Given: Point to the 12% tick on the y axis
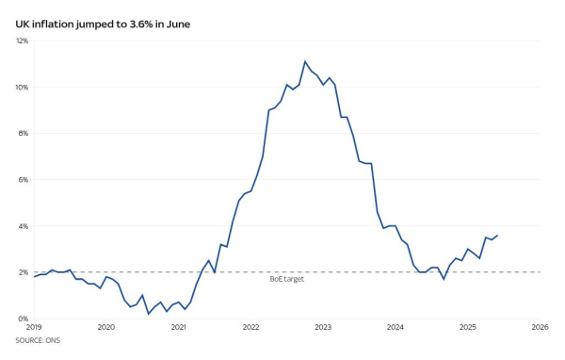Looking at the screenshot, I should coord(22,41).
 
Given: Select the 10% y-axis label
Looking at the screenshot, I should coord(22,87).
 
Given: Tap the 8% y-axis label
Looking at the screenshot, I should coord(24,133).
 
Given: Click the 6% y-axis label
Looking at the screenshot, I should coord(24,179).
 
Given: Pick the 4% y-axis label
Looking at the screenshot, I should coord(24,226).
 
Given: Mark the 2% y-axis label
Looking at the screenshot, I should coord(24,272).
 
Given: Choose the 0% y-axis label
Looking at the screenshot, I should coord(24,319).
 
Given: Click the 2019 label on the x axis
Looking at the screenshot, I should coord(35,328).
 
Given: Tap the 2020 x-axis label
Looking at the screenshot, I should coord(106,328).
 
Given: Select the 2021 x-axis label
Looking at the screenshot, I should coord(179,328).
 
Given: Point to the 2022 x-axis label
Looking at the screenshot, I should coord(250,328).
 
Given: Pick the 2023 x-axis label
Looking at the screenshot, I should coord(323,328).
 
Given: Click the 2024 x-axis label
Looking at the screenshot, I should coord(395,328).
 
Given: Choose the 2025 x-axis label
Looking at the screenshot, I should coord(468,328).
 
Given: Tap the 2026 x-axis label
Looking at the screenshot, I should coord(540,328).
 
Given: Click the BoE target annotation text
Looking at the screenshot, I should coord(287,279).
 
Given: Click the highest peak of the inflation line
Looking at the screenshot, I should coord(305,61).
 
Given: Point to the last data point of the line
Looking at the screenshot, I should coord(497,236).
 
